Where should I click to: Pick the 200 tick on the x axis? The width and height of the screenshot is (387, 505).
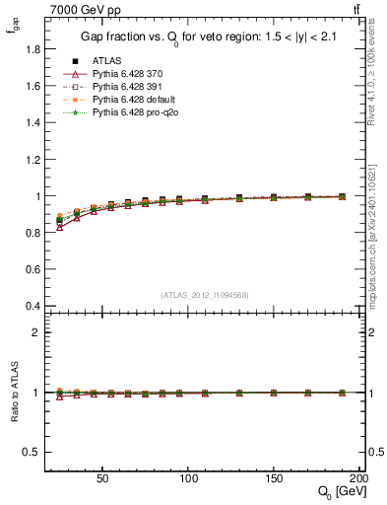(x=358, y=476)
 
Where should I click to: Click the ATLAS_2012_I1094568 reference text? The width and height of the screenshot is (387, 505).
(x=204, y=294)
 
